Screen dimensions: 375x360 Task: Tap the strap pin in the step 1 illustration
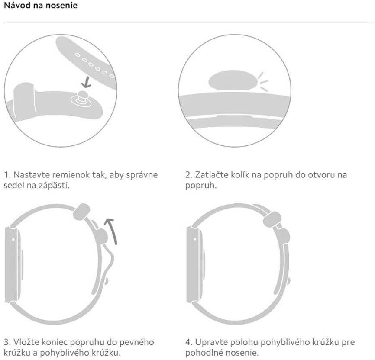[82, 98]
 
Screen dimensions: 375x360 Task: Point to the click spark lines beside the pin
[263, 81]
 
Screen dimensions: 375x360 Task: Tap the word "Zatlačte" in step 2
[210, 175]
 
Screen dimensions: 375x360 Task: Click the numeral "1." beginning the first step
[6, 175]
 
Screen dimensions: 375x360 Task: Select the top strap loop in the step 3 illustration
[81, 212]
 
